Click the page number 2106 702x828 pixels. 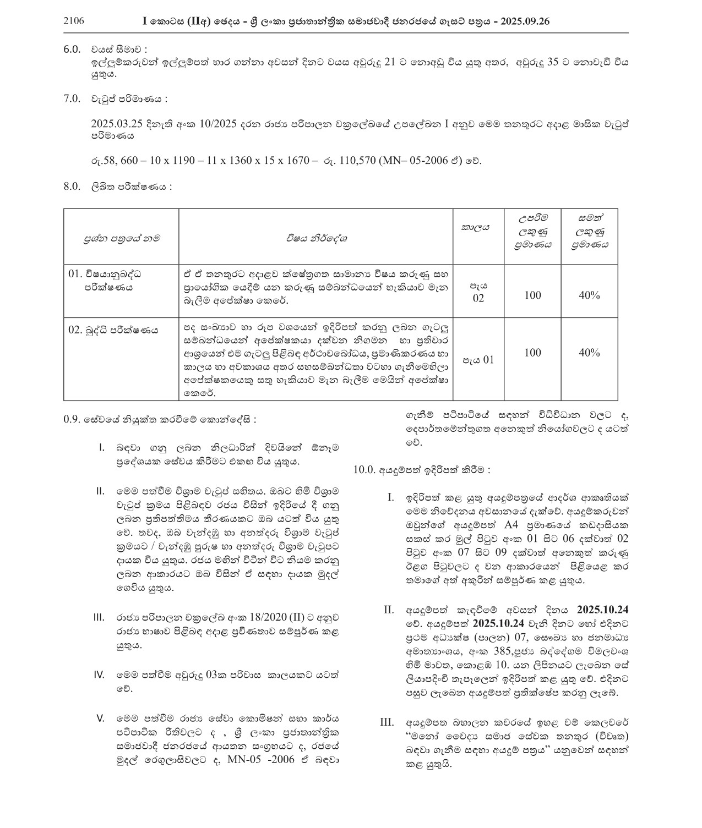point(74,21)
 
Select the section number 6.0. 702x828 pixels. point(72,49)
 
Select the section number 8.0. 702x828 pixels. point(72,187)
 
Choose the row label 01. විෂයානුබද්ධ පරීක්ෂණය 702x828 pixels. point(108,280)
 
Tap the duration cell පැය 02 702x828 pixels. point(478,292)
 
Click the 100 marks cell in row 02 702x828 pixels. point(532,353)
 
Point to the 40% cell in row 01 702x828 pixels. point(589,295)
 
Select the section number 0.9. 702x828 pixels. point(73,419)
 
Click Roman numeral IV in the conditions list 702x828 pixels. point(100,675)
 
